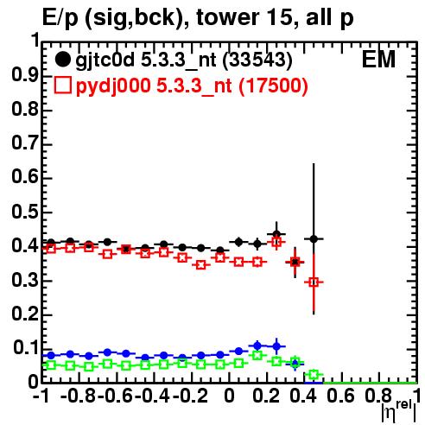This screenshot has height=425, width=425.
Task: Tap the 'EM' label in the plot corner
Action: tap(378, 60)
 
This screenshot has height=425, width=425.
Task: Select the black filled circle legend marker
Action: tap(62, 60)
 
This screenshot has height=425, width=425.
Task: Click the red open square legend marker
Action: tap(62, 86)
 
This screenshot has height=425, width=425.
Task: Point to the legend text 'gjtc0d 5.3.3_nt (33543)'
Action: tap(184, 60)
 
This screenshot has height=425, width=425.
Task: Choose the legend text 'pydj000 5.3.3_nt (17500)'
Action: tap(192, 86)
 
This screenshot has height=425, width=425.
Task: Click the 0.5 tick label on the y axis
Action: tap(25, 212)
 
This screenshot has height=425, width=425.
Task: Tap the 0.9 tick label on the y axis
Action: tap(25, 75)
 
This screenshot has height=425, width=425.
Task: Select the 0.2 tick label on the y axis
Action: tap(25, 314)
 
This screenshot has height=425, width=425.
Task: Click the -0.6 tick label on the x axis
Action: tap(115, 396)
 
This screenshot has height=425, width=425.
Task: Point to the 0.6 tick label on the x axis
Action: tap(340, 396)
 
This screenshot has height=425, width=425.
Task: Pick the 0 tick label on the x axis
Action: tap(229, 396)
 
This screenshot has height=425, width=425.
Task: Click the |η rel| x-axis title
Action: tap(398, 412)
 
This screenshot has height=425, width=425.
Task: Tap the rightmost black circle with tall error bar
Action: tap(314, 238)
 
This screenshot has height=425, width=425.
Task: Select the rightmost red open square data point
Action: tap(314, 282)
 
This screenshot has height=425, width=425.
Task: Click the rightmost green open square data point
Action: tap(314, 375)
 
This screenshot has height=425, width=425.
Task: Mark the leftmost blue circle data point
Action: tap(51, 355)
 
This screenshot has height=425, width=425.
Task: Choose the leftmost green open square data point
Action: tap(51, 365)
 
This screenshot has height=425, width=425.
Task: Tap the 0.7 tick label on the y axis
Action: tap(25, 143)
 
